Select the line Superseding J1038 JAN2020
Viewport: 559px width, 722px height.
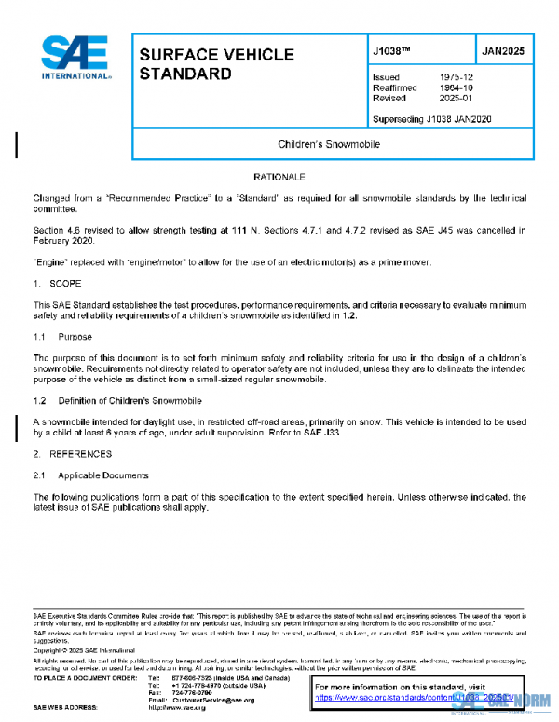[431, 119]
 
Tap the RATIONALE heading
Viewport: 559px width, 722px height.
[279, 175]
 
